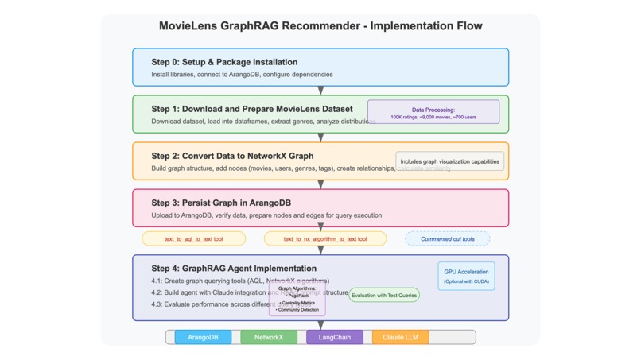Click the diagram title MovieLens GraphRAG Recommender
pos(320,26)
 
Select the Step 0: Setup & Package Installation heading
pos(224,62)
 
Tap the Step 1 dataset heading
pos(252,109)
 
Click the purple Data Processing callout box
pos(433,112)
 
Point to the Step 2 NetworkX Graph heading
pos(232,156)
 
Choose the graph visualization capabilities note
pos(450,161)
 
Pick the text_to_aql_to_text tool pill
pos(193,238)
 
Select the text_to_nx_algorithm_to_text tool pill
pos(326,238)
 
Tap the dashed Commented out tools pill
pos(448,238)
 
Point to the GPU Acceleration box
pos(467,276)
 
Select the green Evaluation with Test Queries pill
pos(384,295)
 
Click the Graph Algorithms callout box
pos(297,300)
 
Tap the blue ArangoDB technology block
pos(203,337)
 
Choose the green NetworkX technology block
pos(269,337)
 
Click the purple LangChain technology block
pos(335,337)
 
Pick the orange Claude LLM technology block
pos(401,337)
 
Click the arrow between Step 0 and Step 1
pos(320,91)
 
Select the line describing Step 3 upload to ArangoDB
pos(266,215)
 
